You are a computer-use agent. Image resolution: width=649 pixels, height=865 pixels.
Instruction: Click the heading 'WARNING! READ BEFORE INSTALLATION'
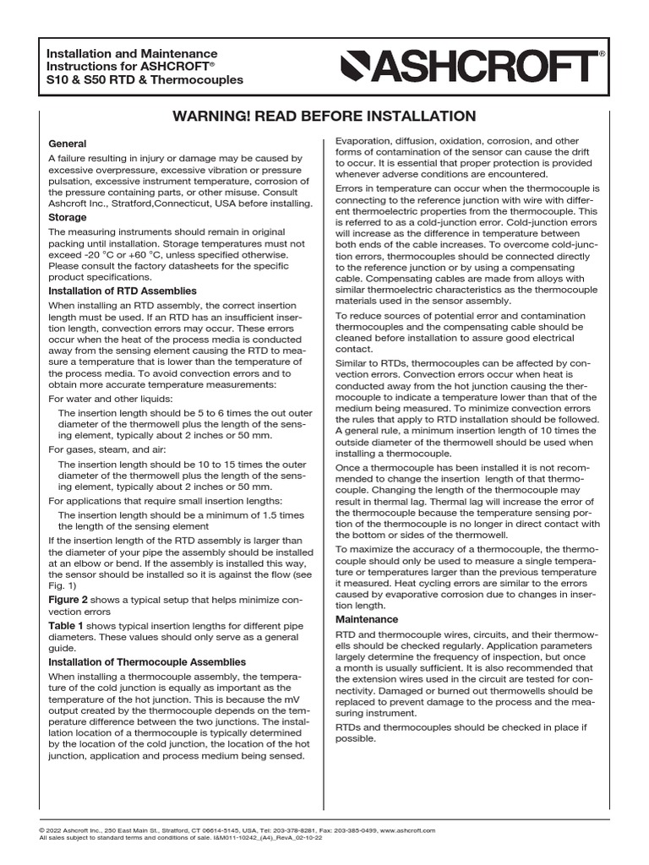[324, 116]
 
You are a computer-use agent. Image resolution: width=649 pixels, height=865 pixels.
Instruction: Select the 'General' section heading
[68, 144]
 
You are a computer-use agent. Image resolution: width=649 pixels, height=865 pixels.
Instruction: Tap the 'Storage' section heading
[68, 217]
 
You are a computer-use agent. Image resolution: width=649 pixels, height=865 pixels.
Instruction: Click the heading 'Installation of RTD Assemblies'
[123, 291]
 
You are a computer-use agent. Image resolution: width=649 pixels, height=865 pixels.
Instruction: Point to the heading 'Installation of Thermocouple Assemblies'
[147, 661]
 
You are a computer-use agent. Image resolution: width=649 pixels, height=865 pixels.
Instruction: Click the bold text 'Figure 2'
[68, 599]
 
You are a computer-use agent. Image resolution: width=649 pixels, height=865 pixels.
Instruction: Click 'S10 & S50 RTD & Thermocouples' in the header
[145, 80]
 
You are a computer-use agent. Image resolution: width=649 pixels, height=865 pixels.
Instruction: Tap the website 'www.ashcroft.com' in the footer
[408, 831]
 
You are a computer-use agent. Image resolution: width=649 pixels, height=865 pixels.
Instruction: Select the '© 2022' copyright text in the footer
[53, 831]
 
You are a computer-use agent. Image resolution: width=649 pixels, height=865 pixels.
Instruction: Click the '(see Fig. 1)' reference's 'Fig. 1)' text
[63, 585]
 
